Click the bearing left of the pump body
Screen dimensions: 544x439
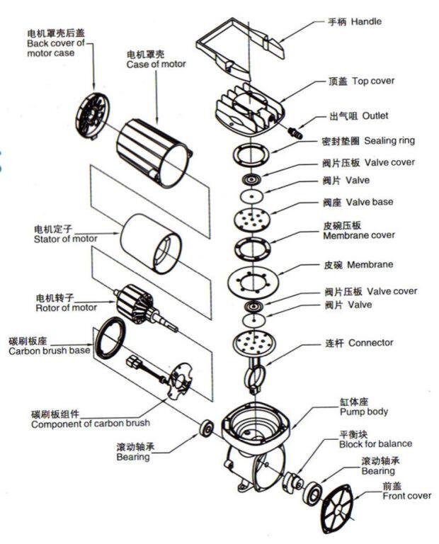coord(207,428)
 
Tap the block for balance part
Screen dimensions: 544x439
coord(290,484)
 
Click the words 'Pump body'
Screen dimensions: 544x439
coord(364,411)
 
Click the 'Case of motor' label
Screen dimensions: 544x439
coord(156,64)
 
